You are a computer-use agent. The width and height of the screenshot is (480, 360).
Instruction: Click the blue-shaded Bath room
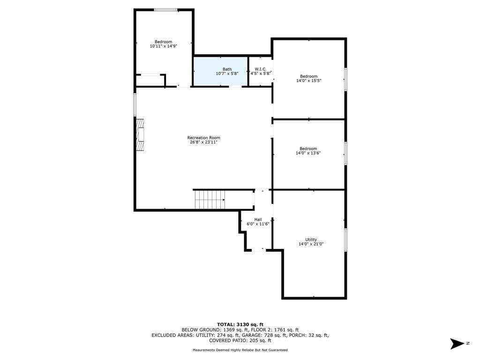point(220,72)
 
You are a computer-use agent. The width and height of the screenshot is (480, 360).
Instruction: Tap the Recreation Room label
point(203,138)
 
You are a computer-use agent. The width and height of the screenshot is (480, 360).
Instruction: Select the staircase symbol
point(210,200)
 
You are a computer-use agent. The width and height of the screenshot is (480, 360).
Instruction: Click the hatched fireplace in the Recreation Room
point(141,135)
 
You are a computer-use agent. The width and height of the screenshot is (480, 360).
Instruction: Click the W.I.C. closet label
point(261,69)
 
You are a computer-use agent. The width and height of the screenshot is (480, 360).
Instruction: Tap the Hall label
point(258,219)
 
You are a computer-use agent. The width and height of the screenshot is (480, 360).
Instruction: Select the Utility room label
point(311,240)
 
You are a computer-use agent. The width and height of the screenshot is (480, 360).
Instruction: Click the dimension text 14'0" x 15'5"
point(308,81)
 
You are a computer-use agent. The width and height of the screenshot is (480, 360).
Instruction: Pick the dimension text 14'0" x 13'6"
point(308,153)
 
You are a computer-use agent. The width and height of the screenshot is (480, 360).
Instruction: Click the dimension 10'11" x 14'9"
point(164,46)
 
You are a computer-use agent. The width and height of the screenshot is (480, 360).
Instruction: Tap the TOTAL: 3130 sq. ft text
point(240,324)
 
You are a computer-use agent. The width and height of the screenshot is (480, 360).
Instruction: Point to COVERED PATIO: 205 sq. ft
point(240,340)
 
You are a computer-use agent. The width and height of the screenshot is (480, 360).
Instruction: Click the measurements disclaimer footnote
point(240,350)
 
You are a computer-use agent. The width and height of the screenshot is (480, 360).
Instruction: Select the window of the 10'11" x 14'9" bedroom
point(165,10)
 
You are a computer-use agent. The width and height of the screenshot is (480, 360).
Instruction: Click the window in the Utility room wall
point(345,240)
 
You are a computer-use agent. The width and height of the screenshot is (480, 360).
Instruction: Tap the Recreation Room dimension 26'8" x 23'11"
point(203,142)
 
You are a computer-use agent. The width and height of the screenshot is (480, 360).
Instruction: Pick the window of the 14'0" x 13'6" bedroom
point(345,153)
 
